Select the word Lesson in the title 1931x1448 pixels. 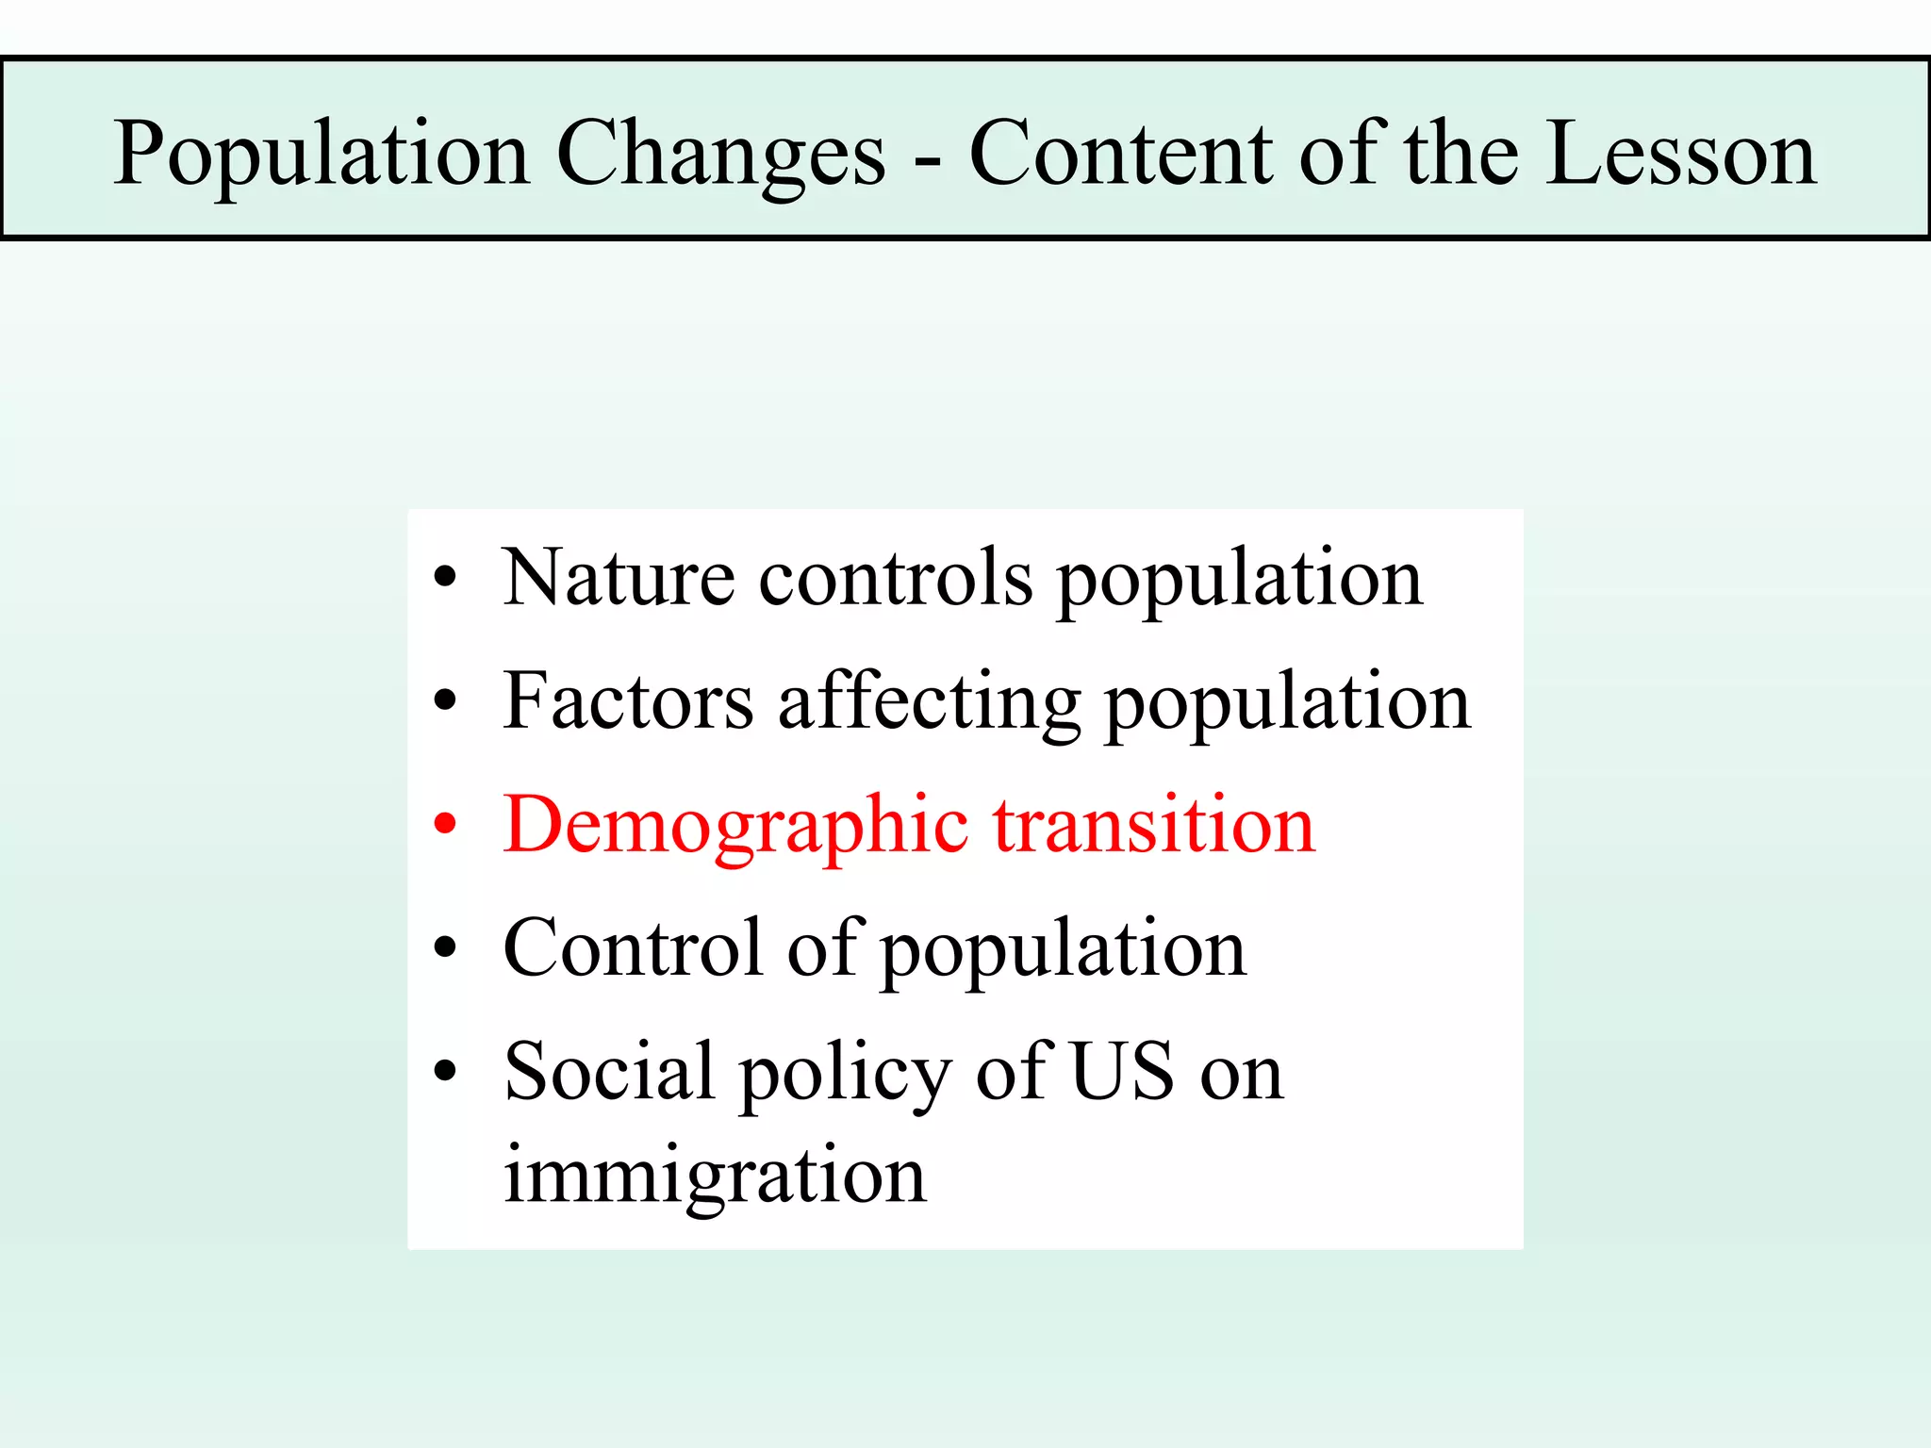pos(1681,154)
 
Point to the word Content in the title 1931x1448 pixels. pos(1122,154)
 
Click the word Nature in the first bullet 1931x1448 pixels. pos(619,577)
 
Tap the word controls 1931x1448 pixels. pos(896,577)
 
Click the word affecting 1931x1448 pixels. pos(929,702)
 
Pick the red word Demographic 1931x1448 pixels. pos(735,826)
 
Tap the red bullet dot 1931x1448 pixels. pos(445,824)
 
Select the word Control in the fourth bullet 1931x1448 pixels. pos(633,946)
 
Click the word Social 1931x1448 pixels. pos(609,1071)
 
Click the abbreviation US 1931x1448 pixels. pos(1123,1071)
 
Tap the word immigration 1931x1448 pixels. pos(715,1176)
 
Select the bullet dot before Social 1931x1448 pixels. pos(445,1071)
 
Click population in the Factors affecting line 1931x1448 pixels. pos(1287,704)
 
